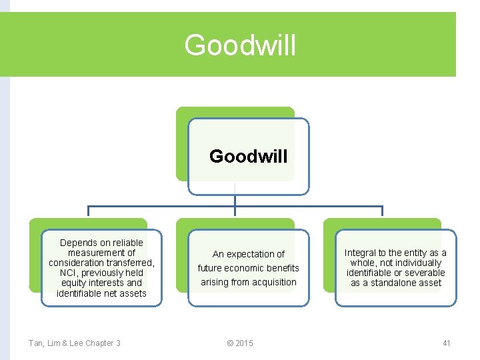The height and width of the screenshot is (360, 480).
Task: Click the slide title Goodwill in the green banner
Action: [240, 45]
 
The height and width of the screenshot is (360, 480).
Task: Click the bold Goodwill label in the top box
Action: [248, 157]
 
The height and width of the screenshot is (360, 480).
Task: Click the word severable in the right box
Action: [425, 273]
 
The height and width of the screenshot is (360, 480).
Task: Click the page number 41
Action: [447, 343]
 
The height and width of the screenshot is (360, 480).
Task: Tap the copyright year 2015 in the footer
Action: [244, 343]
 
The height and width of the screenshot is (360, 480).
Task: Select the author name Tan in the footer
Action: [35, 343]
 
